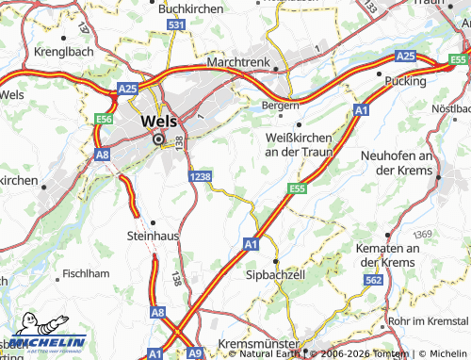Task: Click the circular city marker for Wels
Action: click(158, 139)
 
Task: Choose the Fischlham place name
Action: click(88, 273)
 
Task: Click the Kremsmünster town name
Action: click(257, 344)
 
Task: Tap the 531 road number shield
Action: click(175, 25)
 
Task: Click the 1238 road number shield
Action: click(199, 176)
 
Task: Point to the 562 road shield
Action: click(373, 280)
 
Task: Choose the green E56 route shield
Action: click(103, 120)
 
